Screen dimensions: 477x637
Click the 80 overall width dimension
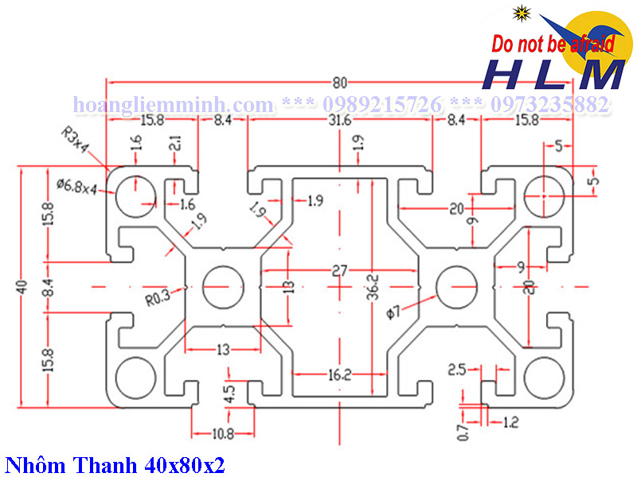(x=340, y=82)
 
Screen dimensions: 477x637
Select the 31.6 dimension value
(x=340, y=121)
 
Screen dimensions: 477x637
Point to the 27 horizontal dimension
(x=340, y=271)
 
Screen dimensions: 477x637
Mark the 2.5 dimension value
(x=456, y=370)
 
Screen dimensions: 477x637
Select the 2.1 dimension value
(x=174, y=145)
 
